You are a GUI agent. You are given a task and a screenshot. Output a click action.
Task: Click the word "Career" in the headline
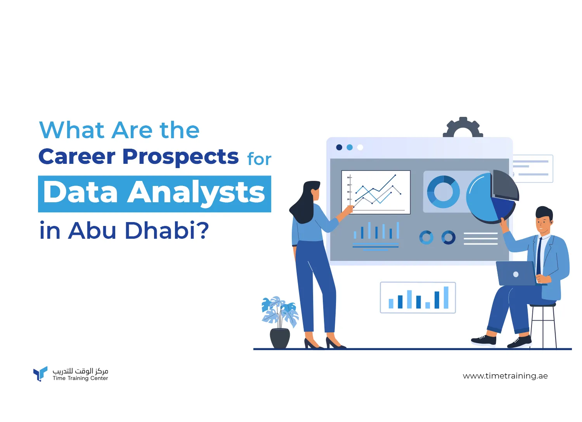tap(77, 156)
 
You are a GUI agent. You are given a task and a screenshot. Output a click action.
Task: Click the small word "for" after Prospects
tap(259, 159)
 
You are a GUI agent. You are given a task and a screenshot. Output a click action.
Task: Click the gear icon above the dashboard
tap(463, 127)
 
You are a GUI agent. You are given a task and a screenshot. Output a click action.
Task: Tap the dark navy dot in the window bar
tap(339, 148)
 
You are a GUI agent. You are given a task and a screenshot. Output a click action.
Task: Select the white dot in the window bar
tap(360, 148)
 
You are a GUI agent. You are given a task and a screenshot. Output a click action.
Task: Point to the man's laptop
tap(516, 273)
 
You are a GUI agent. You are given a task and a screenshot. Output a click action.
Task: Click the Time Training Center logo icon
tap(40, 373)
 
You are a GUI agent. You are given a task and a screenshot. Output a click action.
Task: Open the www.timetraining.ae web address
tap(505, 376)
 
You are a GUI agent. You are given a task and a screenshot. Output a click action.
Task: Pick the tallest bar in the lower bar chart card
tap(446, 297)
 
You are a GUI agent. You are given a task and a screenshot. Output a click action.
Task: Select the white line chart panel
tap(376, 192)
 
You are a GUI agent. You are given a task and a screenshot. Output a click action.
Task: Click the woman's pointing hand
tap(349, 209)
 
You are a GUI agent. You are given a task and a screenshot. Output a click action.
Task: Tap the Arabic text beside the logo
tap(80, 371)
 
